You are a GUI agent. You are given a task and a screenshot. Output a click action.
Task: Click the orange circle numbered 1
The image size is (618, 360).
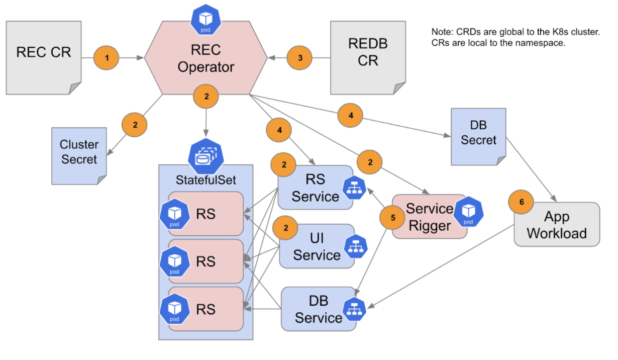[106, 58]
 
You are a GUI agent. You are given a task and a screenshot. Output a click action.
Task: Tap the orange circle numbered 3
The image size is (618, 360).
[299, 58]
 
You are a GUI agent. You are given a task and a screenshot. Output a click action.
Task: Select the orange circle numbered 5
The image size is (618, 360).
[392, 218]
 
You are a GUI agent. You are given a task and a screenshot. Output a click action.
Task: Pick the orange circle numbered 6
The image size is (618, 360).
[521, 202]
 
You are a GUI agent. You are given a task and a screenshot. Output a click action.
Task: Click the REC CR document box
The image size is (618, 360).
[44, 58]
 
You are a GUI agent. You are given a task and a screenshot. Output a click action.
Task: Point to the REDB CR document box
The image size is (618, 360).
[368, 58]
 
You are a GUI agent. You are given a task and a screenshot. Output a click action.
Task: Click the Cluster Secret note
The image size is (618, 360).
[79, 156]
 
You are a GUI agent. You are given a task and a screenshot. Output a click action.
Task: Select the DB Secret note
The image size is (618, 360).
[478, 137]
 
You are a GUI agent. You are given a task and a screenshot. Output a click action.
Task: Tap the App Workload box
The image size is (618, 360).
[557, 224]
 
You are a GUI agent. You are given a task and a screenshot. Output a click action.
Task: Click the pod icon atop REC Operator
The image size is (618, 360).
[206, 20]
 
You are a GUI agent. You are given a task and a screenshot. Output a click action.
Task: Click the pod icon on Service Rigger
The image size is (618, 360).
[468, 212]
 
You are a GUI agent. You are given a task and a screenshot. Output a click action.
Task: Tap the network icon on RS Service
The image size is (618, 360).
[354, 188]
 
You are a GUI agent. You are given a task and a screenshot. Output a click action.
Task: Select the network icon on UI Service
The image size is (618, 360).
[356, 246]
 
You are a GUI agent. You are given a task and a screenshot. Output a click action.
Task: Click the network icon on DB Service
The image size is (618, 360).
[354, 309]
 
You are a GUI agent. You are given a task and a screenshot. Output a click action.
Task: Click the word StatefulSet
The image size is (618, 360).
[206, 180]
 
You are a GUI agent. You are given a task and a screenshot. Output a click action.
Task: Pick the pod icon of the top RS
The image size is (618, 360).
[175, 214]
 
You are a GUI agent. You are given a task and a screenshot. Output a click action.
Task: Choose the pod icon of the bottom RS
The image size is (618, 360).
[175, 309]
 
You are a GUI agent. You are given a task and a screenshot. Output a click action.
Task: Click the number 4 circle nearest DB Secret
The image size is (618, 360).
[350, 116]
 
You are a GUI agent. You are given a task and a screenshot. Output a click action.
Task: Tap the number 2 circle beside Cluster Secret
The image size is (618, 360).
[134, 125]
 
